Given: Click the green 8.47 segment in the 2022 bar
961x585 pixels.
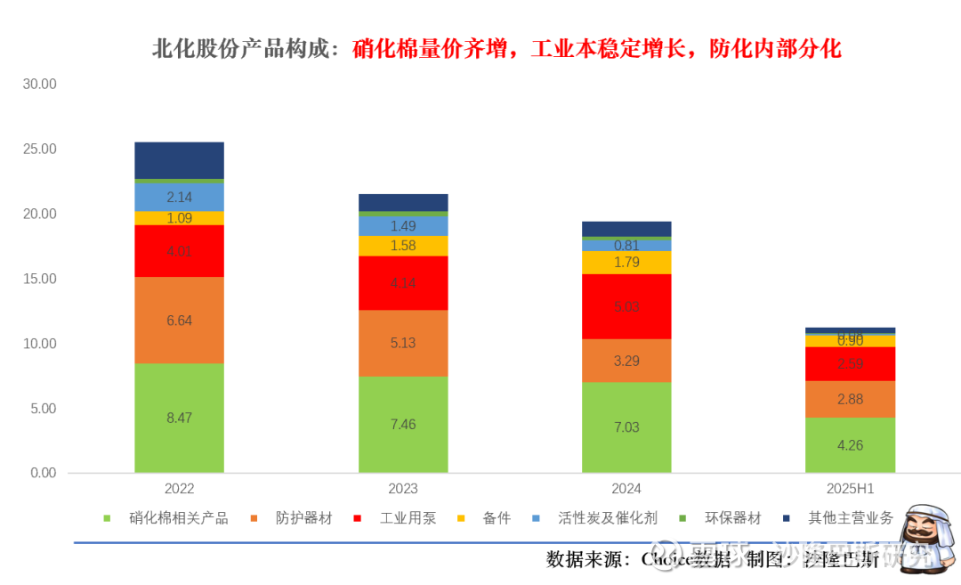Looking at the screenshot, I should tap(179, 418).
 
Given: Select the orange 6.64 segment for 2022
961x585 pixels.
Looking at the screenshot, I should tap(179, 321).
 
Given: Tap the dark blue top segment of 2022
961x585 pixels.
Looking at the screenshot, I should tap(179, 160).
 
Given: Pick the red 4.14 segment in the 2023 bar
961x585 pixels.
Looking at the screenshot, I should tap(403, 283).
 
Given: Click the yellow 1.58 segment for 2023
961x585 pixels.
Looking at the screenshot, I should tap(403, 246).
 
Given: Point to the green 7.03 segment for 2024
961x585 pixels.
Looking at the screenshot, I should tap(626, 427).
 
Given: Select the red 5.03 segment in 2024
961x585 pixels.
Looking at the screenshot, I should tap(626, 306).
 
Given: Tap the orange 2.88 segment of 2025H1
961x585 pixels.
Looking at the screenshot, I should tap(850, 399).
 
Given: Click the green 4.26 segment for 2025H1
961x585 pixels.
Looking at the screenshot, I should tap(850, 445).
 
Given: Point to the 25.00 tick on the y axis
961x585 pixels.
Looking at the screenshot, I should tap(39, 150).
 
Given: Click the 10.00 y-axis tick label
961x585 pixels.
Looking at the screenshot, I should tap(39, 344).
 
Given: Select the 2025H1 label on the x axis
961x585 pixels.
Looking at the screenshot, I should tap(850, 489).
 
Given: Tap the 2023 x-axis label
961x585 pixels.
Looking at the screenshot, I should tap(403, 489).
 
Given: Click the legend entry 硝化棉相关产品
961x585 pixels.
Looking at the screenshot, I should tap(178, 518).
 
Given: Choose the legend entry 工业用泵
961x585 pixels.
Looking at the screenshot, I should tap(408, 518).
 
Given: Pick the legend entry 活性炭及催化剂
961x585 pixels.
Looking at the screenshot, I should tap(608, 518).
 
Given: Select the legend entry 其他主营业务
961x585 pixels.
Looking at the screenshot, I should tap(850, 518).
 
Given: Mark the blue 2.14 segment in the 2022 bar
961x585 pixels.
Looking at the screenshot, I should tap(179, 197).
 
